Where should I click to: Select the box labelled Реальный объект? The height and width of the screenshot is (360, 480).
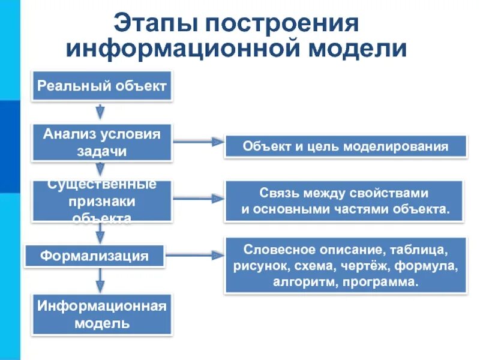pos(101,86)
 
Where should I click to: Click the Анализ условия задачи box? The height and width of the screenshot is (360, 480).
pos(101,142)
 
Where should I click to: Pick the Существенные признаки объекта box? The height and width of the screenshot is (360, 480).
pos(101,200)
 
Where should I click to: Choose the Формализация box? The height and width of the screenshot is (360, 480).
pos(94,256)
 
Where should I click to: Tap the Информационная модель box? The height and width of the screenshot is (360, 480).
pos(101,314)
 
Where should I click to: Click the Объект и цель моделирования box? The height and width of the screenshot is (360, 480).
pos(345,146)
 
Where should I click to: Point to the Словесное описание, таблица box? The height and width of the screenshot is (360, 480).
pos(345,265)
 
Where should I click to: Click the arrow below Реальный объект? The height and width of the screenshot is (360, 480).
pos(100,112)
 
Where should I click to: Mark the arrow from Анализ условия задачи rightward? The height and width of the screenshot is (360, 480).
pos(198,142)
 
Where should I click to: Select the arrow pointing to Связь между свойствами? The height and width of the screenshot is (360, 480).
pos(198,197)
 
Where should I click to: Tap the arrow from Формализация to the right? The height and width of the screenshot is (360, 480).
pos(193,255)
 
